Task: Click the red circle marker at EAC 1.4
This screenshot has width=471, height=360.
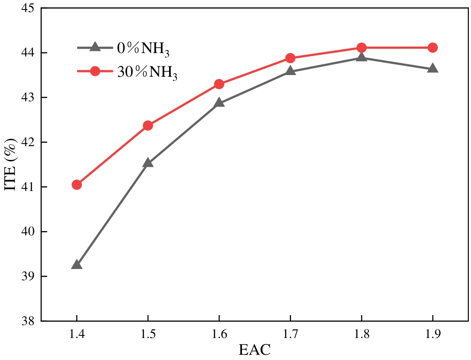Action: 77,185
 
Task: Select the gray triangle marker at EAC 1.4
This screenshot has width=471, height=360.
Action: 77,265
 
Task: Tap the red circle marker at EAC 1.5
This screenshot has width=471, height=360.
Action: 148,125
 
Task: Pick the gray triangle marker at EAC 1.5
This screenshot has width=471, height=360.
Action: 148,163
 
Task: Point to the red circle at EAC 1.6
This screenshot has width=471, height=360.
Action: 219,84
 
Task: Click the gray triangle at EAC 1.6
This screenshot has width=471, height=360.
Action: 219,103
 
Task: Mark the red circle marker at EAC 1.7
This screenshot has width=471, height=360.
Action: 290,58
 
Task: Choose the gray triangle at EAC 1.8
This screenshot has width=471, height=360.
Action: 361,57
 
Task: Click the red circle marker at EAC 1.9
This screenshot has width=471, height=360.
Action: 433,47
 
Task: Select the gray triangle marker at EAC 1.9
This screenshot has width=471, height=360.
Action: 433,69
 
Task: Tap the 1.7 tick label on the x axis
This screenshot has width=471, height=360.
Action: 290,333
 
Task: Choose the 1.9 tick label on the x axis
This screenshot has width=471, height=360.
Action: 433,333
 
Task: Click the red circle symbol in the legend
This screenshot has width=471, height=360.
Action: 95,71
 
